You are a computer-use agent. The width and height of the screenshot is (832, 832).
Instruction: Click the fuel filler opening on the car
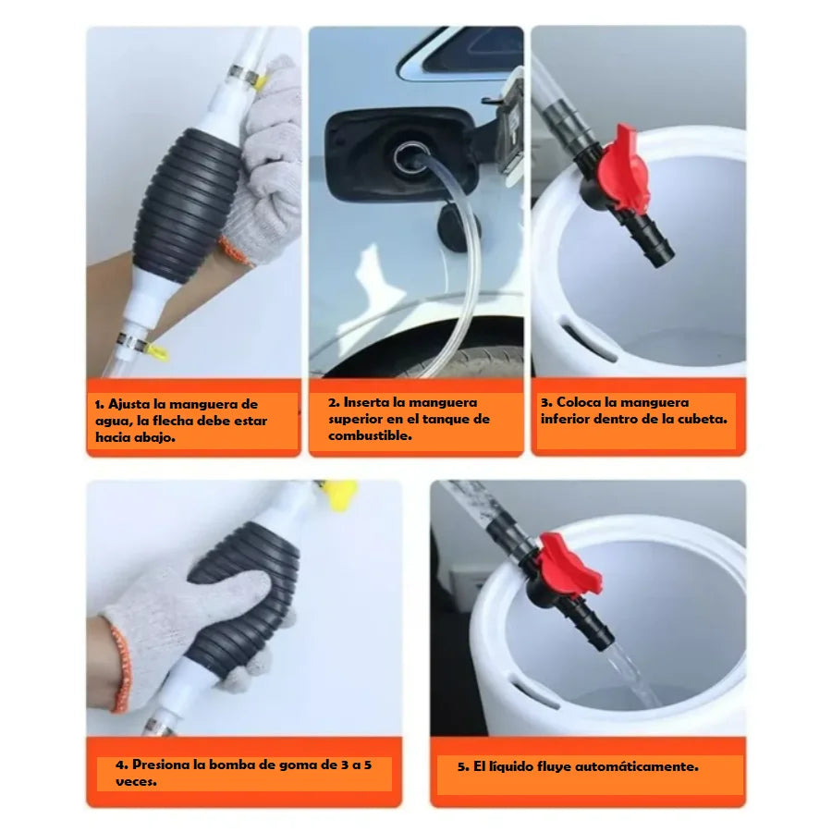tap(410, 159)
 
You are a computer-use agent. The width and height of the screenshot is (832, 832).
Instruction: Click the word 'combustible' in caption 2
tap(370, 436)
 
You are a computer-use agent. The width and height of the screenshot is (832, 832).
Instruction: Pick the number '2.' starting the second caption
tap(334, 403)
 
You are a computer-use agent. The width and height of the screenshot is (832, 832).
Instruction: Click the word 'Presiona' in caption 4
tap(161, 765)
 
